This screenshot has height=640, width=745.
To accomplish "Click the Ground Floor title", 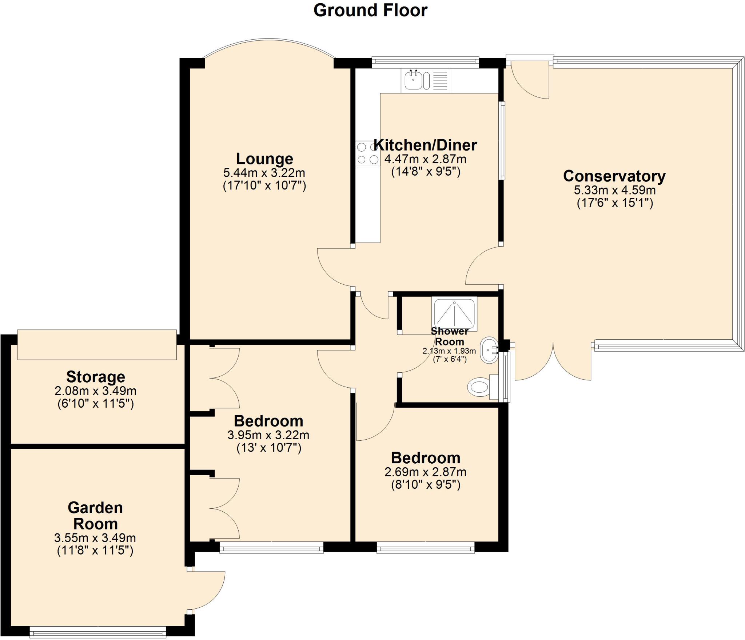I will coord(370,10).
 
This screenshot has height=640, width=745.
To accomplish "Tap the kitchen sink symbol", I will coord(414,80).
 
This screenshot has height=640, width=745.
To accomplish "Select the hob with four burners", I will coord(367,153).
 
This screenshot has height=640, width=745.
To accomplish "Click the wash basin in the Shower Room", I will coord(489,350).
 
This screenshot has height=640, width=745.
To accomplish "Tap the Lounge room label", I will coord(264,159).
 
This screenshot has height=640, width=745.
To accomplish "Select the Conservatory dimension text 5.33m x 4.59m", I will coord(614,190).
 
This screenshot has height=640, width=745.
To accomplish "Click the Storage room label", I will coord(96,377).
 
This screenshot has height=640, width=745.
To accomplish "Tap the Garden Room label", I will coord(95,516).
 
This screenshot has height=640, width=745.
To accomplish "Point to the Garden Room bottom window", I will coord(98,632).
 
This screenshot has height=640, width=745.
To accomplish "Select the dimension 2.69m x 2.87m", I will coord(425,472).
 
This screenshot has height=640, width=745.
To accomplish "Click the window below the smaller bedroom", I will coord(425,547).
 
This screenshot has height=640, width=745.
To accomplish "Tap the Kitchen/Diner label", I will coord(425,145).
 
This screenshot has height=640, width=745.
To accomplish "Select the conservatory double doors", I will coord(553,362).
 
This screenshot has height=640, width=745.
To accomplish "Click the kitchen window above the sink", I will coord(425,62).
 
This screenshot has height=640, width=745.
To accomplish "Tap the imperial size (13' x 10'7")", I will coord(269,448).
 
